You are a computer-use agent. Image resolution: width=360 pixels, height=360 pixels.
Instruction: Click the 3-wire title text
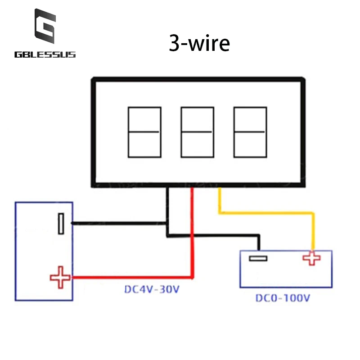click(x=199, y=44)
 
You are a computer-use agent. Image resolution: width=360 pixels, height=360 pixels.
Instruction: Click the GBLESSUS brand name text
click(x=45, y=55)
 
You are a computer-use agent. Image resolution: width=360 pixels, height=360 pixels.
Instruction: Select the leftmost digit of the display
click(x=144, y=132)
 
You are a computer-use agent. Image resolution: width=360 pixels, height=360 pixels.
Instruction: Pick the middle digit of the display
click(x=197, y=132)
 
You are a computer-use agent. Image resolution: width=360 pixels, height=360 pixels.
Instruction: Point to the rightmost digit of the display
click(x=249, y=132)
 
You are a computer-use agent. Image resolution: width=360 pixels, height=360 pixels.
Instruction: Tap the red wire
click(x=193, y=234)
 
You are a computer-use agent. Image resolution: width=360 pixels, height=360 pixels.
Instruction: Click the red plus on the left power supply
click(x=60, y=277)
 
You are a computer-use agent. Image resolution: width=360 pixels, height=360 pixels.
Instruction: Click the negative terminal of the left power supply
click(x=61, y=224)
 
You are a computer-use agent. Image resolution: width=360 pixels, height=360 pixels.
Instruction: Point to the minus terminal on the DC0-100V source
click(x=258, y=258)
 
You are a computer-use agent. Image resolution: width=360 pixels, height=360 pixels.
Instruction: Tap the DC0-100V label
click(x=283, y=298)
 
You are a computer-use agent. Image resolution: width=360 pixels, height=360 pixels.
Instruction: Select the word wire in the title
click(x=209, y=44)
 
